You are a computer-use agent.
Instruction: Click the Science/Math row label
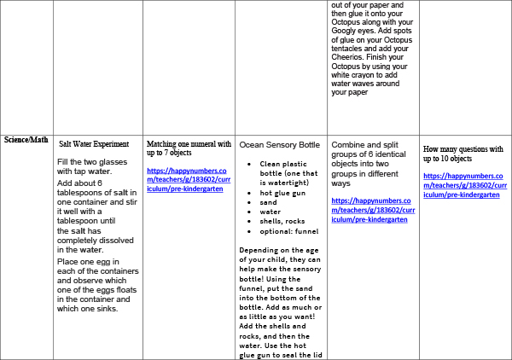click(26, 140)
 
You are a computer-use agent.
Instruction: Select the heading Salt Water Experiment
click(94, 144)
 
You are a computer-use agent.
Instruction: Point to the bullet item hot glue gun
click(284, 193)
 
